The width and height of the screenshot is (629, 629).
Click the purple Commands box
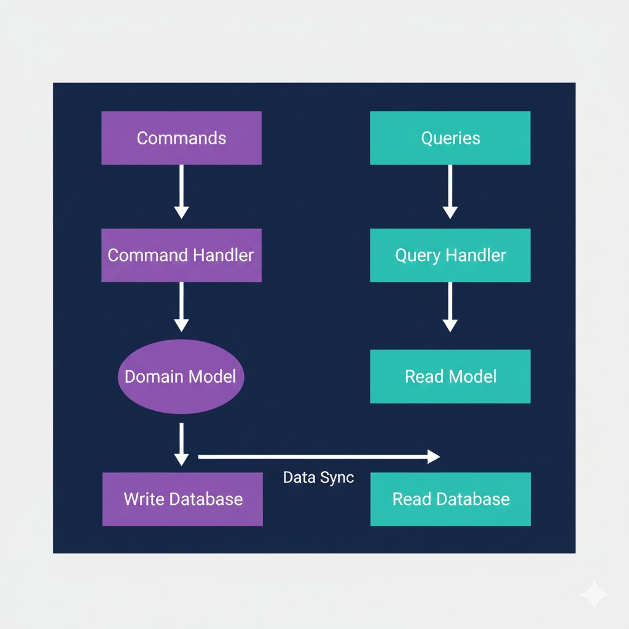click(x=181, y=138)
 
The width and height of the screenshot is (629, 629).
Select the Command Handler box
click(x=181, y=255)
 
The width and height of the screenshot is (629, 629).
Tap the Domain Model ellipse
click(x=181, y=377)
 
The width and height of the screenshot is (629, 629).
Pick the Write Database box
click(x=182, y=499)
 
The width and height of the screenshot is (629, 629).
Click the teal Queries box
click(x=450, y=138)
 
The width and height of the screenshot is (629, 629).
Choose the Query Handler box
click(x=450, y=255)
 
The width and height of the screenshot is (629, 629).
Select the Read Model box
click(x=450, y=377)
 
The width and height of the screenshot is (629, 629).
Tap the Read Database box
click(x=450, y=499)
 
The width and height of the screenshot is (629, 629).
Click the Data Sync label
click(x=318, y=477)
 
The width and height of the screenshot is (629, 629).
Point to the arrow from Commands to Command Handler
click(x=181, y=190)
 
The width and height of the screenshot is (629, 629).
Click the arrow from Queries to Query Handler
click(x=450, y=190)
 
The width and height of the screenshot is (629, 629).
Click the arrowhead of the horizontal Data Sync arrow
click(x=434, y=456)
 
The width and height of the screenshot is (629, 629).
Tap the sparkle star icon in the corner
click(x=595, y=595)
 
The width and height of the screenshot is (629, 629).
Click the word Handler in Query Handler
click(x=477, y=255)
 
